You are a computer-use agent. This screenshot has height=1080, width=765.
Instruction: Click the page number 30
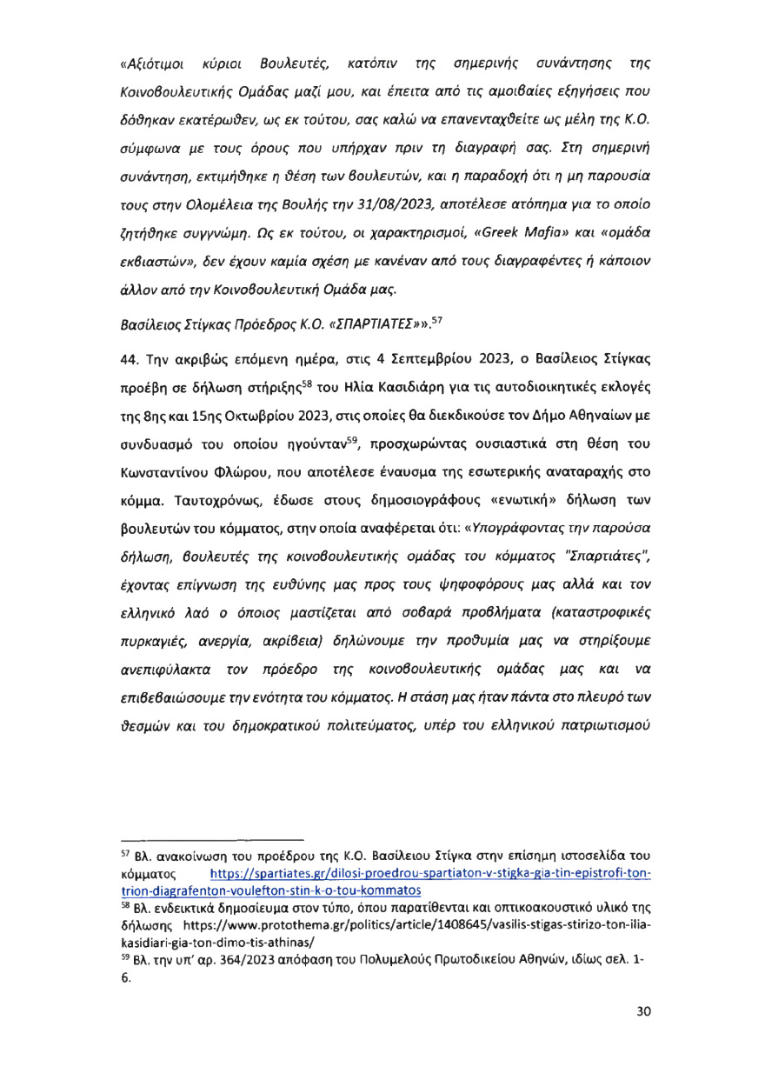(x=643, y=1010)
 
